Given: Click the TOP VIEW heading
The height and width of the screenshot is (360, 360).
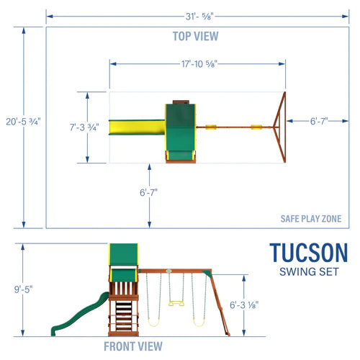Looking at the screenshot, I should tap(195, 36).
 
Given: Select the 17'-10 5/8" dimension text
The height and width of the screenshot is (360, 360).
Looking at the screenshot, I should tap(197, 64).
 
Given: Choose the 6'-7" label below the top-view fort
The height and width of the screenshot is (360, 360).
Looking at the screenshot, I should tap(149, 192).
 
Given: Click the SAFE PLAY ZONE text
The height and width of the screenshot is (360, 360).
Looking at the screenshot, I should tap(310, 220).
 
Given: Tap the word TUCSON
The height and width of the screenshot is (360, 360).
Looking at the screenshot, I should tap(308, 253).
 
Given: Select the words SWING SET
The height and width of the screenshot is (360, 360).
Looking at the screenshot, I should tap(308, 271).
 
